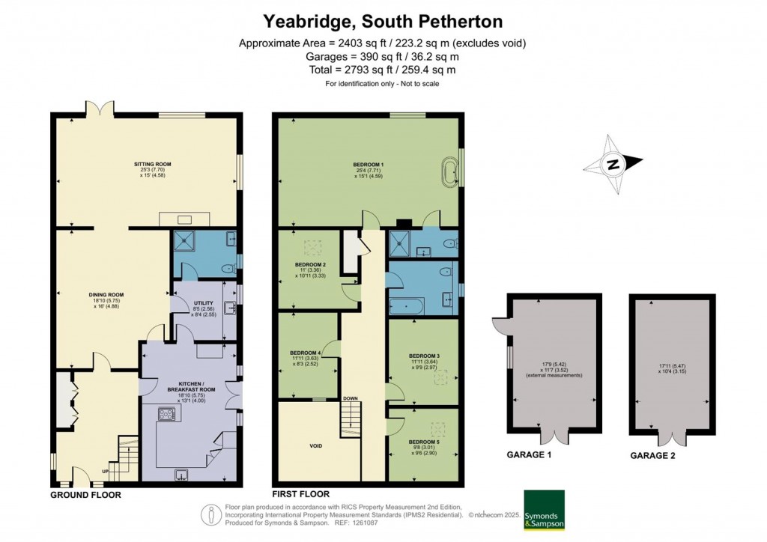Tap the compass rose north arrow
[x=613, y=163]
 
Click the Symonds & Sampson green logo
[x=543, y=510]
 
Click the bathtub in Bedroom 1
[x=452, y=171]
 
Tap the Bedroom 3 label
[x=424, y=356]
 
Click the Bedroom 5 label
[x=424, y=442]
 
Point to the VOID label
[x=315, y=446]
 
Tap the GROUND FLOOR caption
[x=85, y=495]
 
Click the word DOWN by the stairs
[x=350, y=398]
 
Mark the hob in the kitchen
[x=165, y=413]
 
